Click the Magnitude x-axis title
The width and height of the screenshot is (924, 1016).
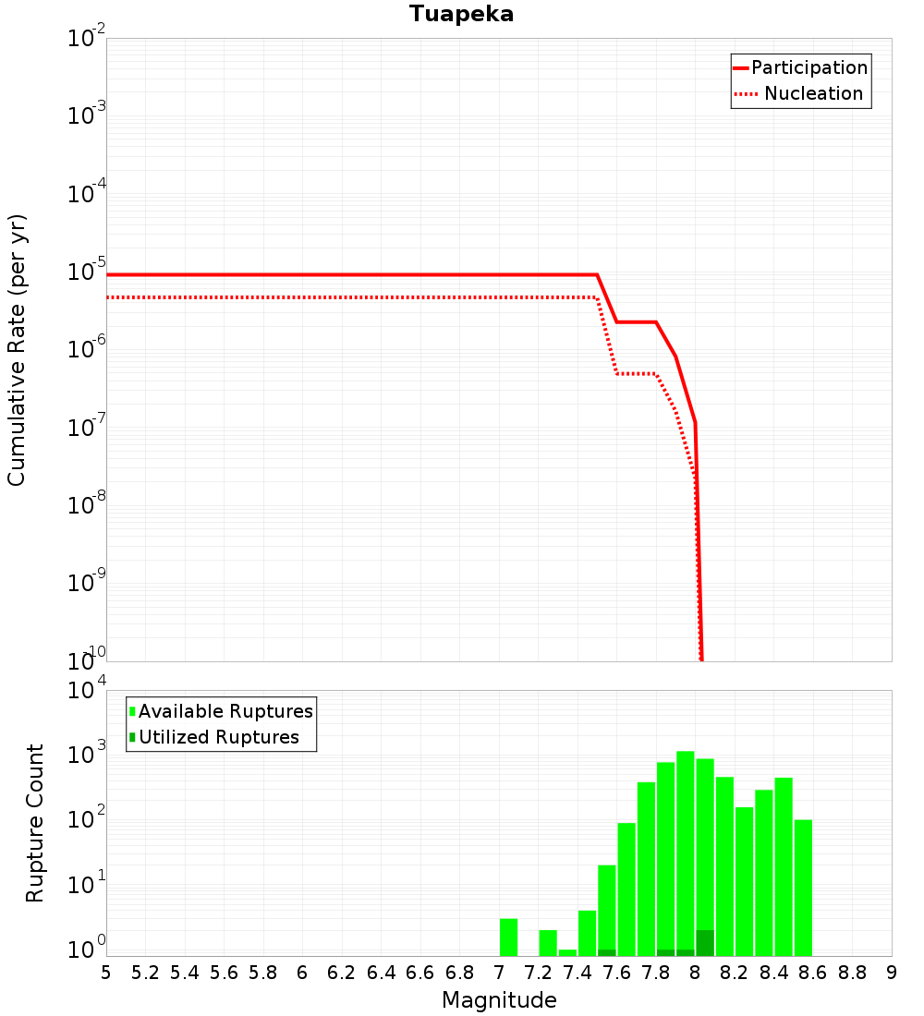tap(499, 1000)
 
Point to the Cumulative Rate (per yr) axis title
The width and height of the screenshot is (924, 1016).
tap(17, 349)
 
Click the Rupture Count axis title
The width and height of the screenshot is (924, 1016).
tap(35, 823)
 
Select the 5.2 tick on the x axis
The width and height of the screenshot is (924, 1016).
tap(145, 973)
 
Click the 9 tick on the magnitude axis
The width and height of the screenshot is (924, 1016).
tap(891, 973)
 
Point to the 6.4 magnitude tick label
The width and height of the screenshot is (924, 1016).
tap(381, 973)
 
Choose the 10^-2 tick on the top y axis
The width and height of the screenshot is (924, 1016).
tap(85, 40)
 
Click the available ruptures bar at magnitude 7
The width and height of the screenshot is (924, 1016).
tap(508, 937)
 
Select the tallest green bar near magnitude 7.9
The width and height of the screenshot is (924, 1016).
tap(686, 850)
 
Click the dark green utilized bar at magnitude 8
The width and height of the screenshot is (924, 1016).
tap(705, 943)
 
